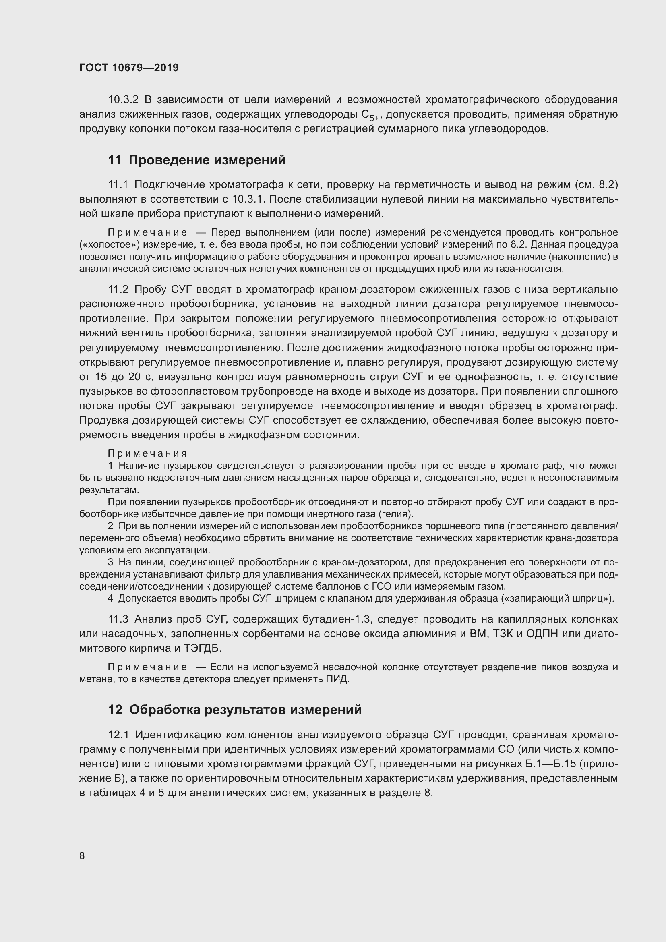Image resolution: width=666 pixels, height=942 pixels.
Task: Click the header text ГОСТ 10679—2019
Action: (x=129, y=68)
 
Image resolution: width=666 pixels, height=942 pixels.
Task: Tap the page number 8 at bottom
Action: (x=82, y=855)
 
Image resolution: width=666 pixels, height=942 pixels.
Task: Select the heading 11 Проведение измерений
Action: (x=196, y=160)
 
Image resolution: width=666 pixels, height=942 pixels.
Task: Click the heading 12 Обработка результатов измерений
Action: (x=235, y=709)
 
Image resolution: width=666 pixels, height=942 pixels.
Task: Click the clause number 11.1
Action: (x=118, y=184)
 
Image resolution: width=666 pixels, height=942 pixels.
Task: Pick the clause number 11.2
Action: (x=118, y=290)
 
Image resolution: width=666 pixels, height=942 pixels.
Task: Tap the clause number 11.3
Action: (x=118, y=619)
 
